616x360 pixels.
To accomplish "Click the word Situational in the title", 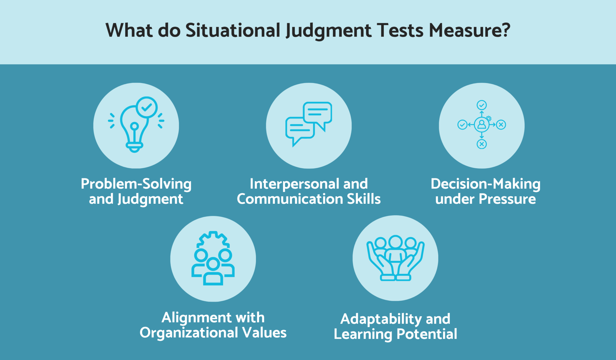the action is point(233,30).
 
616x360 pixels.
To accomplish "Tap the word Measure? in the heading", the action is point(470,30).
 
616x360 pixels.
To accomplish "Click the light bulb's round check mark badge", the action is point(146,107).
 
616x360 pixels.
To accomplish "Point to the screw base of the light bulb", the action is point(134,147).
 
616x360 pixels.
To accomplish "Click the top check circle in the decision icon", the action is point(482,105).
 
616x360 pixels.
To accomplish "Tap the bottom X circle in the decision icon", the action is point(482,144).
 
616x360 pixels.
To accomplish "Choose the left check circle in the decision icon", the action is point(462,125).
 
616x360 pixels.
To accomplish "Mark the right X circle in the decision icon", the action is point(501,125).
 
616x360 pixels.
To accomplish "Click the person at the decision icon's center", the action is point(482,125).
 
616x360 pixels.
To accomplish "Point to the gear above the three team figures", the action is point(213,240).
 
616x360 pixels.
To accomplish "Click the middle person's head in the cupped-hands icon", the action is point(395,242).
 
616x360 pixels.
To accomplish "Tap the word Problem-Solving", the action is point(136,184).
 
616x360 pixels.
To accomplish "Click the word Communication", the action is point(290,199).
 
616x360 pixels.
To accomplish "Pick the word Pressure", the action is point(507,199).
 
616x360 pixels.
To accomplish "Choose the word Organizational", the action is point(189,333).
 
